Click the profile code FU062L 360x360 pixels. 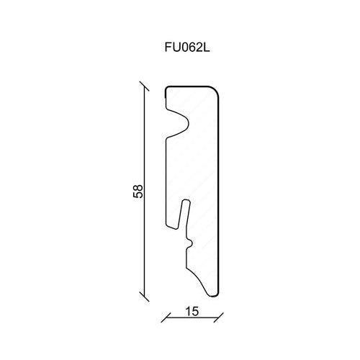pyautogui.click(x=187, y=48)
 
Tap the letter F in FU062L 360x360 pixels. pyautogui.click(x=168, y=48)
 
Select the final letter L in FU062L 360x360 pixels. pyautogui.click(x=207, y=48)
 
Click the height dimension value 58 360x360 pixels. pyautogui.click(x=138, y=191)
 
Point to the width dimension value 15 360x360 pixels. pyautogui.click(x=192, y=311)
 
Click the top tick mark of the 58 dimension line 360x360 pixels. pyautogui.click(x=144, y=86)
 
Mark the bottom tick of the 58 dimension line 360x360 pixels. pyautogui.click(x=144, y=297)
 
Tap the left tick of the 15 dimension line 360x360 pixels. pyautogui.click(x=166, y=318)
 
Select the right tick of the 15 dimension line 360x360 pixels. pyautogui.click(x=219, y=318)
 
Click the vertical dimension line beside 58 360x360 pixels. pyautogui.click(x=144, y=192)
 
